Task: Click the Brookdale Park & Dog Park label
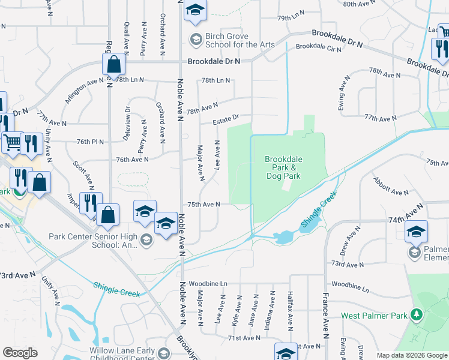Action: coord(283,167)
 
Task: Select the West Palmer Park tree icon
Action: coord(415,315)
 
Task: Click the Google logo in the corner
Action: coord(20,353)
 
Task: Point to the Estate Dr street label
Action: coord(226,122)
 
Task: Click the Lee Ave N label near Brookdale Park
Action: coord(217,155)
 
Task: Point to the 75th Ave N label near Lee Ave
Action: coord(202,204)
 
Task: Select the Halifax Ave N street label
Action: coord(289,311)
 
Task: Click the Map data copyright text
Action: coord(411,355)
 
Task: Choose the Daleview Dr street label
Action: coord(127,123)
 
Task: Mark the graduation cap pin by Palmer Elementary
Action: coord(416,231)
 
